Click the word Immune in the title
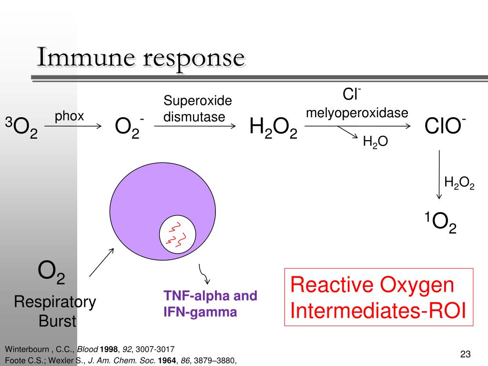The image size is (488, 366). click(86, 57)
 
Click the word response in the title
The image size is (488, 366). click(194, 60)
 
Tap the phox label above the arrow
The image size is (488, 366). click(69, 117)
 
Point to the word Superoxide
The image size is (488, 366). click(198, 101)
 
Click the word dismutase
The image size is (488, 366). click(194, 117)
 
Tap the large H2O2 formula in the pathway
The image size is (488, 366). click(273, 128)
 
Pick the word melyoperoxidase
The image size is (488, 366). click(357, 112)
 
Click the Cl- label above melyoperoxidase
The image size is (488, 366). click(352, 94)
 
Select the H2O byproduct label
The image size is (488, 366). click(376, 142)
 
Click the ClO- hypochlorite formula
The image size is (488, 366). click(445, 126)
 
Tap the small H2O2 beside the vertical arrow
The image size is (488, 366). click(459, 183)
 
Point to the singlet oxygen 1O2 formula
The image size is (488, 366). click(440, 222)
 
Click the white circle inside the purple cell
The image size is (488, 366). click(177, 234)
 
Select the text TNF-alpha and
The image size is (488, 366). click(210, 295)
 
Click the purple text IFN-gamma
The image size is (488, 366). click(200, 312)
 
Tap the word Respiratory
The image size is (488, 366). click(55, 302)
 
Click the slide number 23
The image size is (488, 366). click(465, 354)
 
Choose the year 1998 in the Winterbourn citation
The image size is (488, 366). click(109, 349)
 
